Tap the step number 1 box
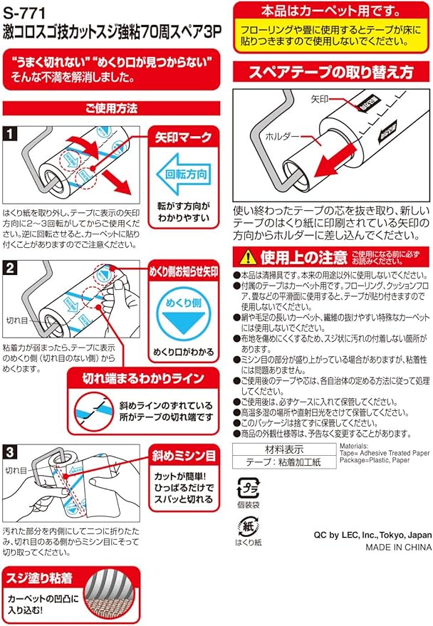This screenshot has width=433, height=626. (x=11, y=132)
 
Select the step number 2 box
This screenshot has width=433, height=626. (x=11, y=268)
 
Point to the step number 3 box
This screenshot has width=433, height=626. (x=11, y=451)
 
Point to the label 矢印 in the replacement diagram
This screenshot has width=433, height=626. (x=320, y=101)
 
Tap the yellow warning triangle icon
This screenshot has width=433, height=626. (x=247, y=256)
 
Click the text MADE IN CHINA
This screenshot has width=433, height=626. (x=398, y=548)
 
